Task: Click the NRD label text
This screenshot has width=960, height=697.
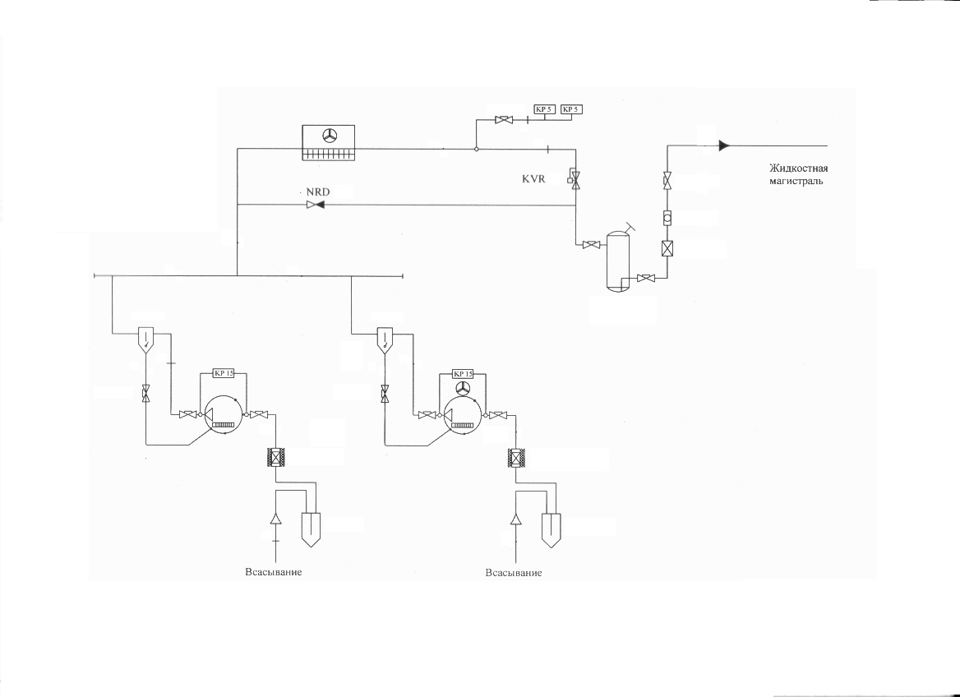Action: click(x=318, y=192)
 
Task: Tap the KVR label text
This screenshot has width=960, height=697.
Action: click(x=533, y=179)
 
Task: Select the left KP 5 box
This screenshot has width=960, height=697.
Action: click(x=544, y=109)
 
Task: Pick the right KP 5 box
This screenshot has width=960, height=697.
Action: click(x=571, y=109)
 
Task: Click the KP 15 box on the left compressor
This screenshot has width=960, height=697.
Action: click(x=223, y=373)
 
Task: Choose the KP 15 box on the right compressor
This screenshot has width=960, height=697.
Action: click(x=463, y=374)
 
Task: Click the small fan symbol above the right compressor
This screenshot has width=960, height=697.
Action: click(x=463, y=387)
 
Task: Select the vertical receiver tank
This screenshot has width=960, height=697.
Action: click(x=618, y=261)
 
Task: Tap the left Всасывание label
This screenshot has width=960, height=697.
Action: click(x=274, y=572)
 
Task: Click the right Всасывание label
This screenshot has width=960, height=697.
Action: click(x=514, y=573)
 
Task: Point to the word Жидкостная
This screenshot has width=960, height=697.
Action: click(x=798, y=168)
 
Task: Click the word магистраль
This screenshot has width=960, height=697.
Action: click(x=796, y=181)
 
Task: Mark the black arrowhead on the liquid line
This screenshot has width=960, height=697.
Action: click(x=724, y=145)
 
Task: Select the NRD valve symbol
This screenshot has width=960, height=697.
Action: click(x=316, y=205)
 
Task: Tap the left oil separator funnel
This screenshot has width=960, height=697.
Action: click(x=145, y=340)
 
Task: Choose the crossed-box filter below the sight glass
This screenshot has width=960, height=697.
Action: click(x=667, y=249)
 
